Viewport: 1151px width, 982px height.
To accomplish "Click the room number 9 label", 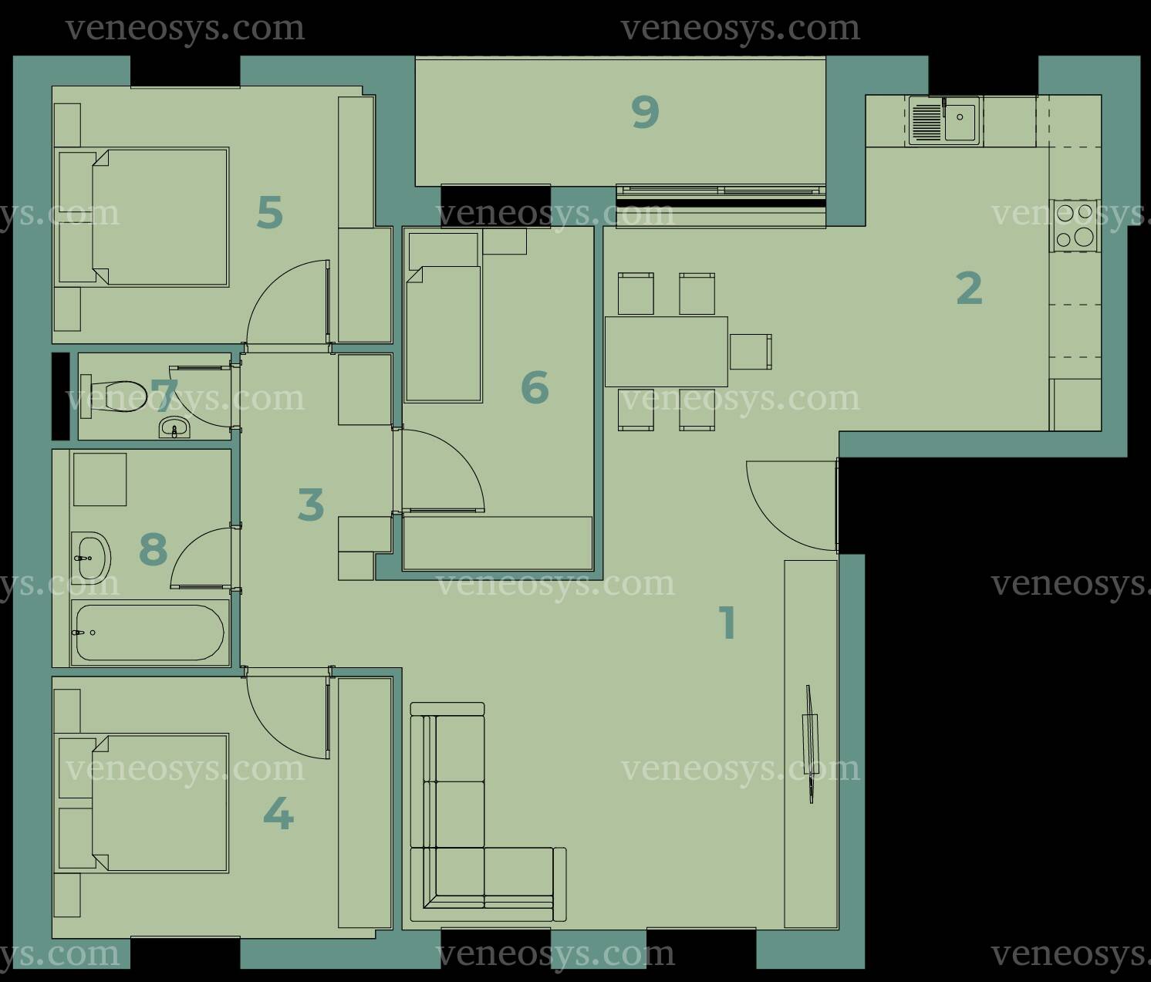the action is coord(646,112).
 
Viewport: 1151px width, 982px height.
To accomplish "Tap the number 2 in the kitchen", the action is coord(969,288).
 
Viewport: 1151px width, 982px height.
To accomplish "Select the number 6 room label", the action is coord(535,387).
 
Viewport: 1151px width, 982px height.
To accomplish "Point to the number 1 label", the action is coord(727,623).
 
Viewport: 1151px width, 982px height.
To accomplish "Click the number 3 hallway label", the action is coord(311,504).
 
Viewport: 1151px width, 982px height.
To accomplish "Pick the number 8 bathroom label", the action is coord(154,548).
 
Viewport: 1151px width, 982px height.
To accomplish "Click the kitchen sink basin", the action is coord(960,121).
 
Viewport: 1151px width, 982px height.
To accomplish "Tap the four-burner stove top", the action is coord(1074,225).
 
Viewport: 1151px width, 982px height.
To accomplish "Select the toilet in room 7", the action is coord(115,396).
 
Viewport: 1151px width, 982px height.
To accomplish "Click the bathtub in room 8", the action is coord(150,633).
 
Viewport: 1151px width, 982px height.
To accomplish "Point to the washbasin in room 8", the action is coord(91,557).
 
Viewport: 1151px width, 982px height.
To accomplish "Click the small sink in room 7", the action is coord(174,428).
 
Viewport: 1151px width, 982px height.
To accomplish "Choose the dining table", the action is coord(666,351).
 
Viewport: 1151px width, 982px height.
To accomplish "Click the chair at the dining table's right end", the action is coord(751,351).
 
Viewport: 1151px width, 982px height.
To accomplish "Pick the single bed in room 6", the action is coord(444,317).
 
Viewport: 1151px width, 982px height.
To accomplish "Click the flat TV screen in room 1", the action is coord(810,744).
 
